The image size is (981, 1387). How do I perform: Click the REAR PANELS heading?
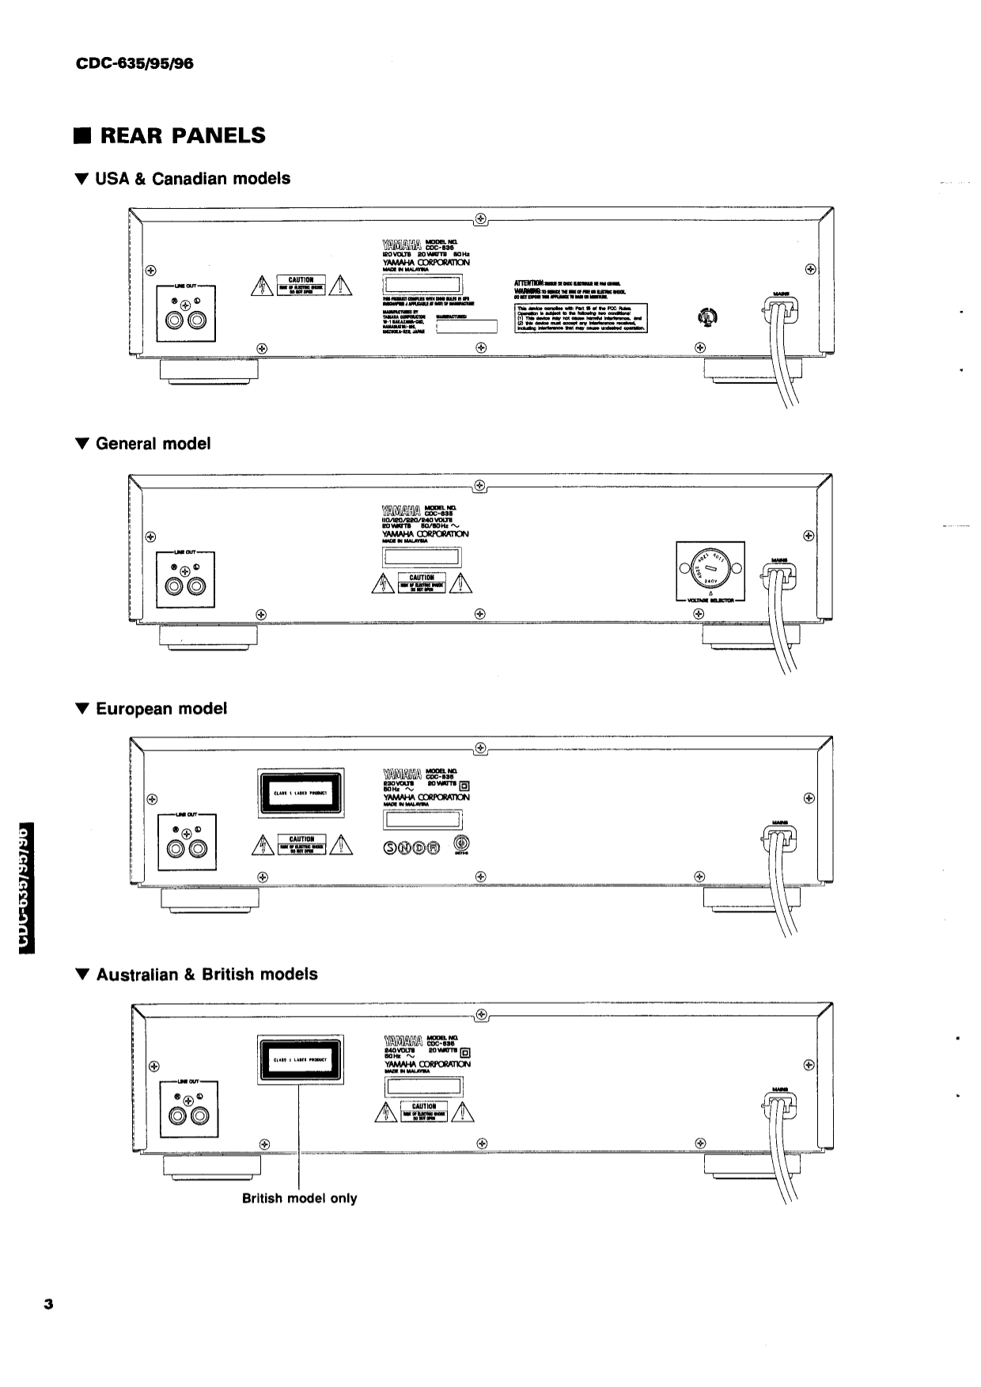[180, 135]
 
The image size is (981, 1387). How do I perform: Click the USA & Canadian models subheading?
[192, 179]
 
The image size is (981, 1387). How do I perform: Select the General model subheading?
[153, 444]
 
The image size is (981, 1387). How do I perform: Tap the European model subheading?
[161, 709]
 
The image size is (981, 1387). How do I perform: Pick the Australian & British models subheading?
[206, 975]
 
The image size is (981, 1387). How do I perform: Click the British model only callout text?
[299, 1199]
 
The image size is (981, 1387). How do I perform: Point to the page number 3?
[48, 1305]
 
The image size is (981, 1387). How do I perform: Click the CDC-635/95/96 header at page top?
[134, 63]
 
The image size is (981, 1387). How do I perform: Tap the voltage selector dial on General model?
[710, 570]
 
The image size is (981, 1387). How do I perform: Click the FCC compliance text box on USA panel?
[581, 317]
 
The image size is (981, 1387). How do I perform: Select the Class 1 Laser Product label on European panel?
[300, 793]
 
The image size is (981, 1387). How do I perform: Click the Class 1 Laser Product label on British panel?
[301, 1060]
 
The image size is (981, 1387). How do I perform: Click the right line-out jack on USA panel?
[198, 321]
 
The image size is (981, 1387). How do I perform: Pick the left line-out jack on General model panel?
[174, 587]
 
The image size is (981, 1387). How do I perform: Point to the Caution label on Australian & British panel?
[424, 1110]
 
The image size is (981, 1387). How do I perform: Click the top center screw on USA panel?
[480, 219]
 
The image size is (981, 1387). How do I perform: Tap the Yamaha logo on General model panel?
[400, 510]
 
